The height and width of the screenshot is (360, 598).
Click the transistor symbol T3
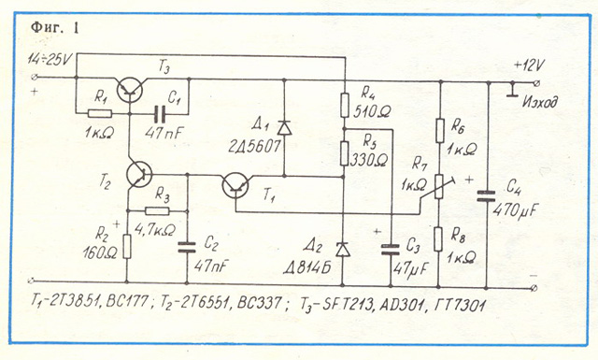(x=130, y=91)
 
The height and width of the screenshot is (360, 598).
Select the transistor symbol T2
(x=139, y=175)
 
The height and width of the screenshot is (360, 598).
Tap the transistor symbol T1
(x=235, y=185)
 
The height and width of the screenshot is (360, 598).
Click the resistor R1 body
(x=100, y=113)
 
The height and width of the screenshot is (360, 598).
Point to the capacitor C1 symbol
(x=160, y=113)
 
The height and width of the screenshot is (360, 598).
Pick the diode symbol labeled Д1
(x=284, y=127)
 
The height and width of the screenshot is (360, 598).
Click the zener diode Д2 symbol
(x=343, y=250)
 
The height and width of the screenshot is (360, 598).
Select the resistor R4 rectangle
(x=345, y=105)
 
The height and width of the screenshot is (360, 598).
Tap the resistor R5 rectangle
(x=344, y=153)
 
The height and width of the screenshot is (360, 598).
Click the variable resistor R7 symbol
(x=439, y=187)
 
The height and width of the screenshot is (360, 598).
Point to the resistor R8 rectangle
(x=438, y=239)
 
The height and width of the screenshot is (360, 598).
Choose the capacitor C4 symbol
(x=486, y=196)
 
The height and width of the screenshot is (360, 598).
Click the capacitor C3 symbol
(x=391, y=250)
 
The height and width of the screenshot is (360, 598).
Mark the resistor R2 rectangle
(x=127, y=247)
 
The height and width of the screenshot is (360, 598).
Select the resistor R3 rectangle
(x=157, y=211)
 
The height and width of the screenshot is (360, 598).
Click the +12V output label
(x=529, y=65)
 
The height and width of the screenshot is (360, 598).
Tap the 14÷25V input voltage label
(x=50, y=60)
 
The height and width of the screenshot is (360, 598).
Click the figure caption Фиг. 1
(x=55, y=28)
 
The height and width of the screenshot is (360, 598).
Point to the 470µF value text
(x=515, y=210)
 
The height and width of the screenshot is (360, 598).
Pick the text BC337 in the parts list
(x=260, y=303)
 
